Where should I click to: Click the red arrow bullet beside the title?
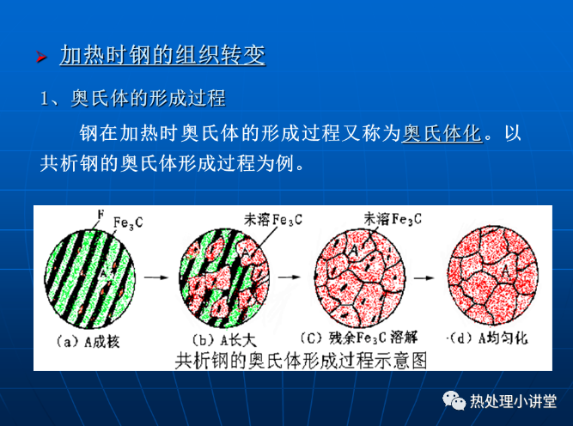click(x=41, y=57)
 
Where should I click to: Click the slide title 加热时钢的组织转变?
click(x=162, y=55)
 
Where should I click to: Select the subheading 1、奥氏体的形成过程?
click(x=132, y=98)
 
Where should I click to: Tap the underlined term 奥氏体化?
click(x=442, y=133)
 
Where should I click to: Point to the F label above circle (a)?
click(x=101, y=214)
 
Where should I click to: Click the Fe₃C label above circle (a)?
click(x=128, y=222)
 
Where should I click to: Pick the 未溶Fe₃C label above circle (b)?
click(x=273, y=220)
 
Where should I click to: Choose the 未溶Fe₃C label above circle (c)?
click(x=393, y=219)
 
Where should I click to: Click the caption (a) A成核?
click(x=88, y=342)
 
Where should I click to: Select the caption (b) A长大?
click(x=224, y=340)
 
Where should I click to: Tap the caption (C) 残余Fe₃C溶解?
click(x=358, y=338)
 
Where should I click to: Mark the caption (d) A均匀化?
click(x=487, y=338)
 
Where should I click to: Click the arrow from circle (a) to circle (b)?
click(x=156, y=277)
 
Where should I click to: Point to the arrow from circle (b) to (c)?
click(x=289, y=277)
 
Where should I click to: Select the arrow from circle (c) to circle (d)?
click(x=424, y=277)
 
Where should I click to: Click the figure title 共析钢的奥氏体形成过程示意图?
click(x=301, y=361)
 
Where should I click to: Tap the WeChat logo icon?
click(x=454, y=400)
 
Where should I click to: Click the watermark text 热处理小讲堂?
click(x=513, y=401)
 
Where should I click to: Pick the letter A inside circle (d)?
click(x=506, y=271)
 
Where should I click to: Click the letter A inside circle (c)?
click(x=353, y=250)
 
